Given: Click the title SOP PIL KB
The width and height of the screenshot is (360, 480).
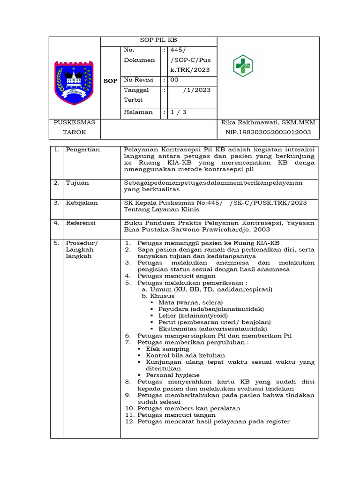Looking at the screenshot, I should (x=159, y=41).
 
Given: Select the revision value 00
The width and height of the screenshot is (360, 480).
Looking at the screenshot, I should (x=174, y=80).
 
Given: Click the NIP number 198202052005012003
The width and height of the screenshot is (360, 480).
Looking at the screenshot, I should (x=268, y=132).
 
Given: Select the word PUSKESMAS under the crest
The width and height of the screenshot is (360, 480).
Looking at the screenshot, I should (x=75, y=122).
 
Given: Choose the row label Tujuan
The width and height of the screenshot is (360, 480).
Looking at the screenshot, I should (x=77, y=182).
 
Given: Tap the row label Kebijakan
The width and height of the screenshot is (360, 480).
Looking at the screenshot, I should (x=82, y=202).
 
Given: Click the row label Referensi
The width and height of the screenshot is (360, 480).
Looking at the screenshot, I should (x=81, y=223).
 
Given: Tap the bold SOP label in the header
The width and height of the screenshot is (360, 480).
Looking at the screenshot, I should (x=110, y=81).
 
